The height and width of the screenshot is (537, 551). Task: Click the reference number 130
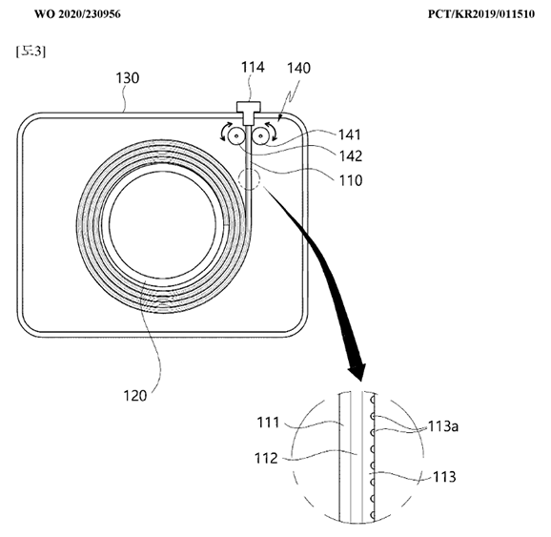[128, 77]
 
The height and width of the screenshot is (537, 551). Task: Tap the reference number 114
[253, 67]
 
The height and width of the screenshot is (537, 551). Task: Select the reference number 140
[298, 69]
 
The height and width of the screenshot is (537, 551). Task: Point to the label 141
[350, 134]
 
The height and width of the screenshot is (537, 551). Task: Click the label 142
[351, 155]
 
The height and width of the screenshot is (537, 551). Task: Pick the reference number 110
[351, 180]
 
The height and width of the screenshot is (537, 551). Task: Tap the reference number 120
[135, 396]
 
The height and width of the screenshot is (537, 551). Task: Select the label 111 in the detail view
[268, 423]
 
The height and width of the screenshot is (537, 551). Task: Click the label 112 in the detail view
[266, 458]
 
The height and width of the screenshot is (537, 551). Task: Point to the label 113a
[443, 426]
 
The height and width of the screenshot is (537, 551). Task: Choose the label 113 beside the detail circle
[444, 477]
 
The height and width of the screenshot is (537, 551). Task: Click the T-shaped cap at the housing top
[249, 113]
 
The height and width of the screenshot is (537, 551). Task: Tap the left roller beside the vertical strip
[235, 135]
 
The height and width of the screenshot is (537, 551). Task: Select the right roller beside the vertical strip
[261, 135]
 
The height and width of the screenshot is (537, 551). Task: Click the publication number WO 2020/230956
[77, 14]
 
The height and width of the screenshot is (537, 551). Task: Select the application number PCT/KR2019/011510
[481, 14]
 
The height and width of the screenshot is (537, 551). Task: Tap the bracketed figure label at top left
[31, 52]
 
